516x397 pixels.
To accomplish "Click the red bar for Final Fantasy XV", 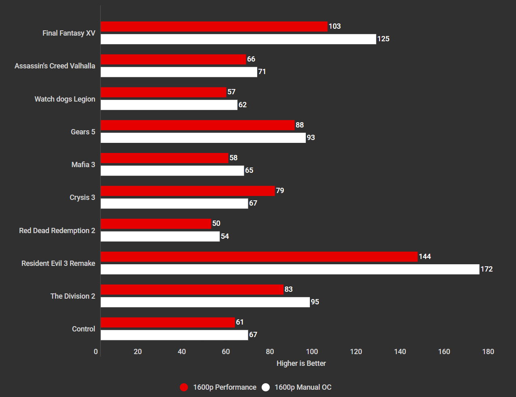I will click(214, 27).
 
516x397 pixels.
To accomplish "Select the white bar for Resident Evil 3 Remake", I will click(290, 269).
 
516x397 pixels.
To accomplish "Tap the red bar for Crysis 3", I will click(188, 191).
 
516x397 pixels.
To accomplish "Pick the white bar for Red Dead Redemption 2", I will click(160, 236).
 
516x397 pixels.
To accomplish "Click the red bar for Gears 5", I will click(198, 125).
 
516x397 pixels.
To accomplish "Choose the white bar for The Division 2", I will click(205, 302).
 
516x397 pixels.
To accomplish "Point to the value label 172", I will click(486, 269).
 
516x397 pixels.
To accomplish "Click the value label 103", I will click(335, 26).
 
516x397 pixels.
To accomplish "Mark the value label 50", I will click(216, 223).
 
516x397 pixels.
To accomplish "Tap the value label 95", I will click(315, 302).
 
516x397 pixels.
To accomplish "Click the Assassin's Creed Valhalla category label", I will click(55, 66).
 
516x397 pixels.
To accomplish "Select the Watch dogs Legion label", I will click(65, 99).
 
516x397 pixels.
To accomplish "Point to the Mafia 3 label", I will click(83, 165).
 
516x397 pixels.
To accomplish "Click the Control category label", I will click(83, 329).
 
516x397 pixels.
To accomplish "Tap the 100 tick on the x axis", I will click(312, 352).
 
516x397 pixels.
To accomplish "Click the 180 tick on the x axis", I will click(488, 352).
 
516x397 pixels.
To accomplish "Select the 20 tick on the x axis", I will click(138, 352).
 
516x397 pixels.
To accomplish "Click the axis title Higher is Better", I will click(301, 363).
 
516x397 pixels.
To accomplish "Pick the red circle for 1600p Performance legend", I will click(184, 387).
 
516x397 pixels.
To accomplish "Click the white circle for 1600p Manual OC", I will click(266, 387).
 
